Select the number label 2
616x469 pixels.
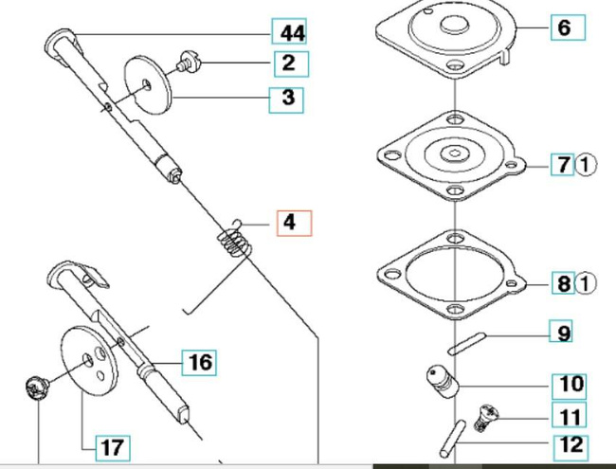[287, 63]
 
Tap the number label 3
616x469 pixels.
[287, 97]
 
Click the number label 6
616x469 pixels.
[564, 27]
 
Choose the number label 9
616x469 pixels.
[564, 333]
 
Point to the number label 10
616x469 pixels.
[572, 385]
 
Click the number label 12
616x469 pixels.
[572, 444]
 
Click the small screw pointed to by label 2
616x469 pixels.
[187, 65]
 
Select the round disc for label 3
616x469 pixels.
[148, 81]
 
